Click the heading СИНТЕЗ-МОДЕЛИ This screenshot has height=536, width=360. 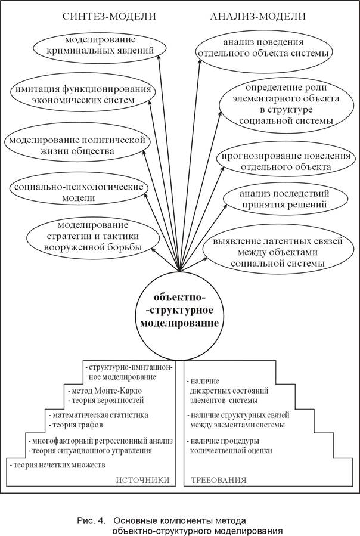(x=108, y=17)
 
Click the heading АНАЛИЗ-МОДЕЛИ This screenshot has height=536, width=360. (x=257, y=17)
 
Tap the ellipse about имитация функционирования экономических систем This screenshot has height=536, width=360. (x=82, y=95)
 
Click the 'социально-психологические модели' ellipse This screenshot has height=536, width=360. (x=79, y=193)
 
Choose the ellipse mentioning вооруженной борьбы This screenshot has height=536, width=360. (x=92, y=236)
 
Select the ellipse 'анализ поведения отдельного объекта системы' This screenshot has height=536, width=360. (x=263, y=48)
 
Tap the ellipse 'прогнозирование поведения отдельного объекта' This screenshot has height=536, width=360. (x=286, y=160)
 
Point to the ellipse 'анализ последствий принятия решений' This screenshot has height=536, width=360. (x=285, y=199)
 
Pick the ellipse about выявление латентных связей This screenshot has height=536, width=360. (x=278, y=252)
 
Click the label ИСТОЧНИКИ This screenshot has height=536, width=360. (x=142, y=480)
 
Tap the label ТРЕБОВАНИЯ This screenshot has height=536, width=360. (x=219, y=480)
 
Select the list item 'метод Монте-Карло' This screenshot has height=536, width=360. (x=105, y=391)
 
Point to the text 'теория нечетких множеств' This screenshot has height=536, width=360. (x=58, y=464)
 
